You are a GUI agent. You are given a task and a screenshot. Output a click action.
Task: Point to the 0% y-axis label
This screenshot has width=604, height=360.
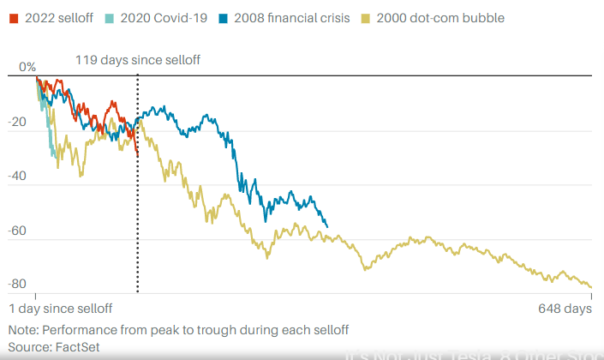tap(27, 66)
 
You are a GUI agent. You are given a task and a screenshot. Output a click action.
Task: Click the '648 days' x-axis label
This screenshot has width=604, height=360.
tap(565, 308)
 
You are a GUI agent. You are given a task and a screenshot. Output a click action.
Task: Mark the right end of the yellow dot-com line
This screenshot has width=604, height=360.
tap(591, 287)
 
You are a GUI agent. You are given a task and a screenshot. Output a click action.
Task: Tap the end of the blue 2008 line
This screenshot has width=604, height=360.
tap(327, 226)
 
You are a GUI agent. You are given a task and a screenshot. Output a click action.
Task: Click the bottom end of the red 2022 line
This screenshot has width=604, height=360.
tap(137, 153)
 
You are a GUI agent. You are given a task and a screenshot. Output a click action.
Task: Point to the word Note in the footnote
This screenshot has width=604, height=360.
tap(23, 330)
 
